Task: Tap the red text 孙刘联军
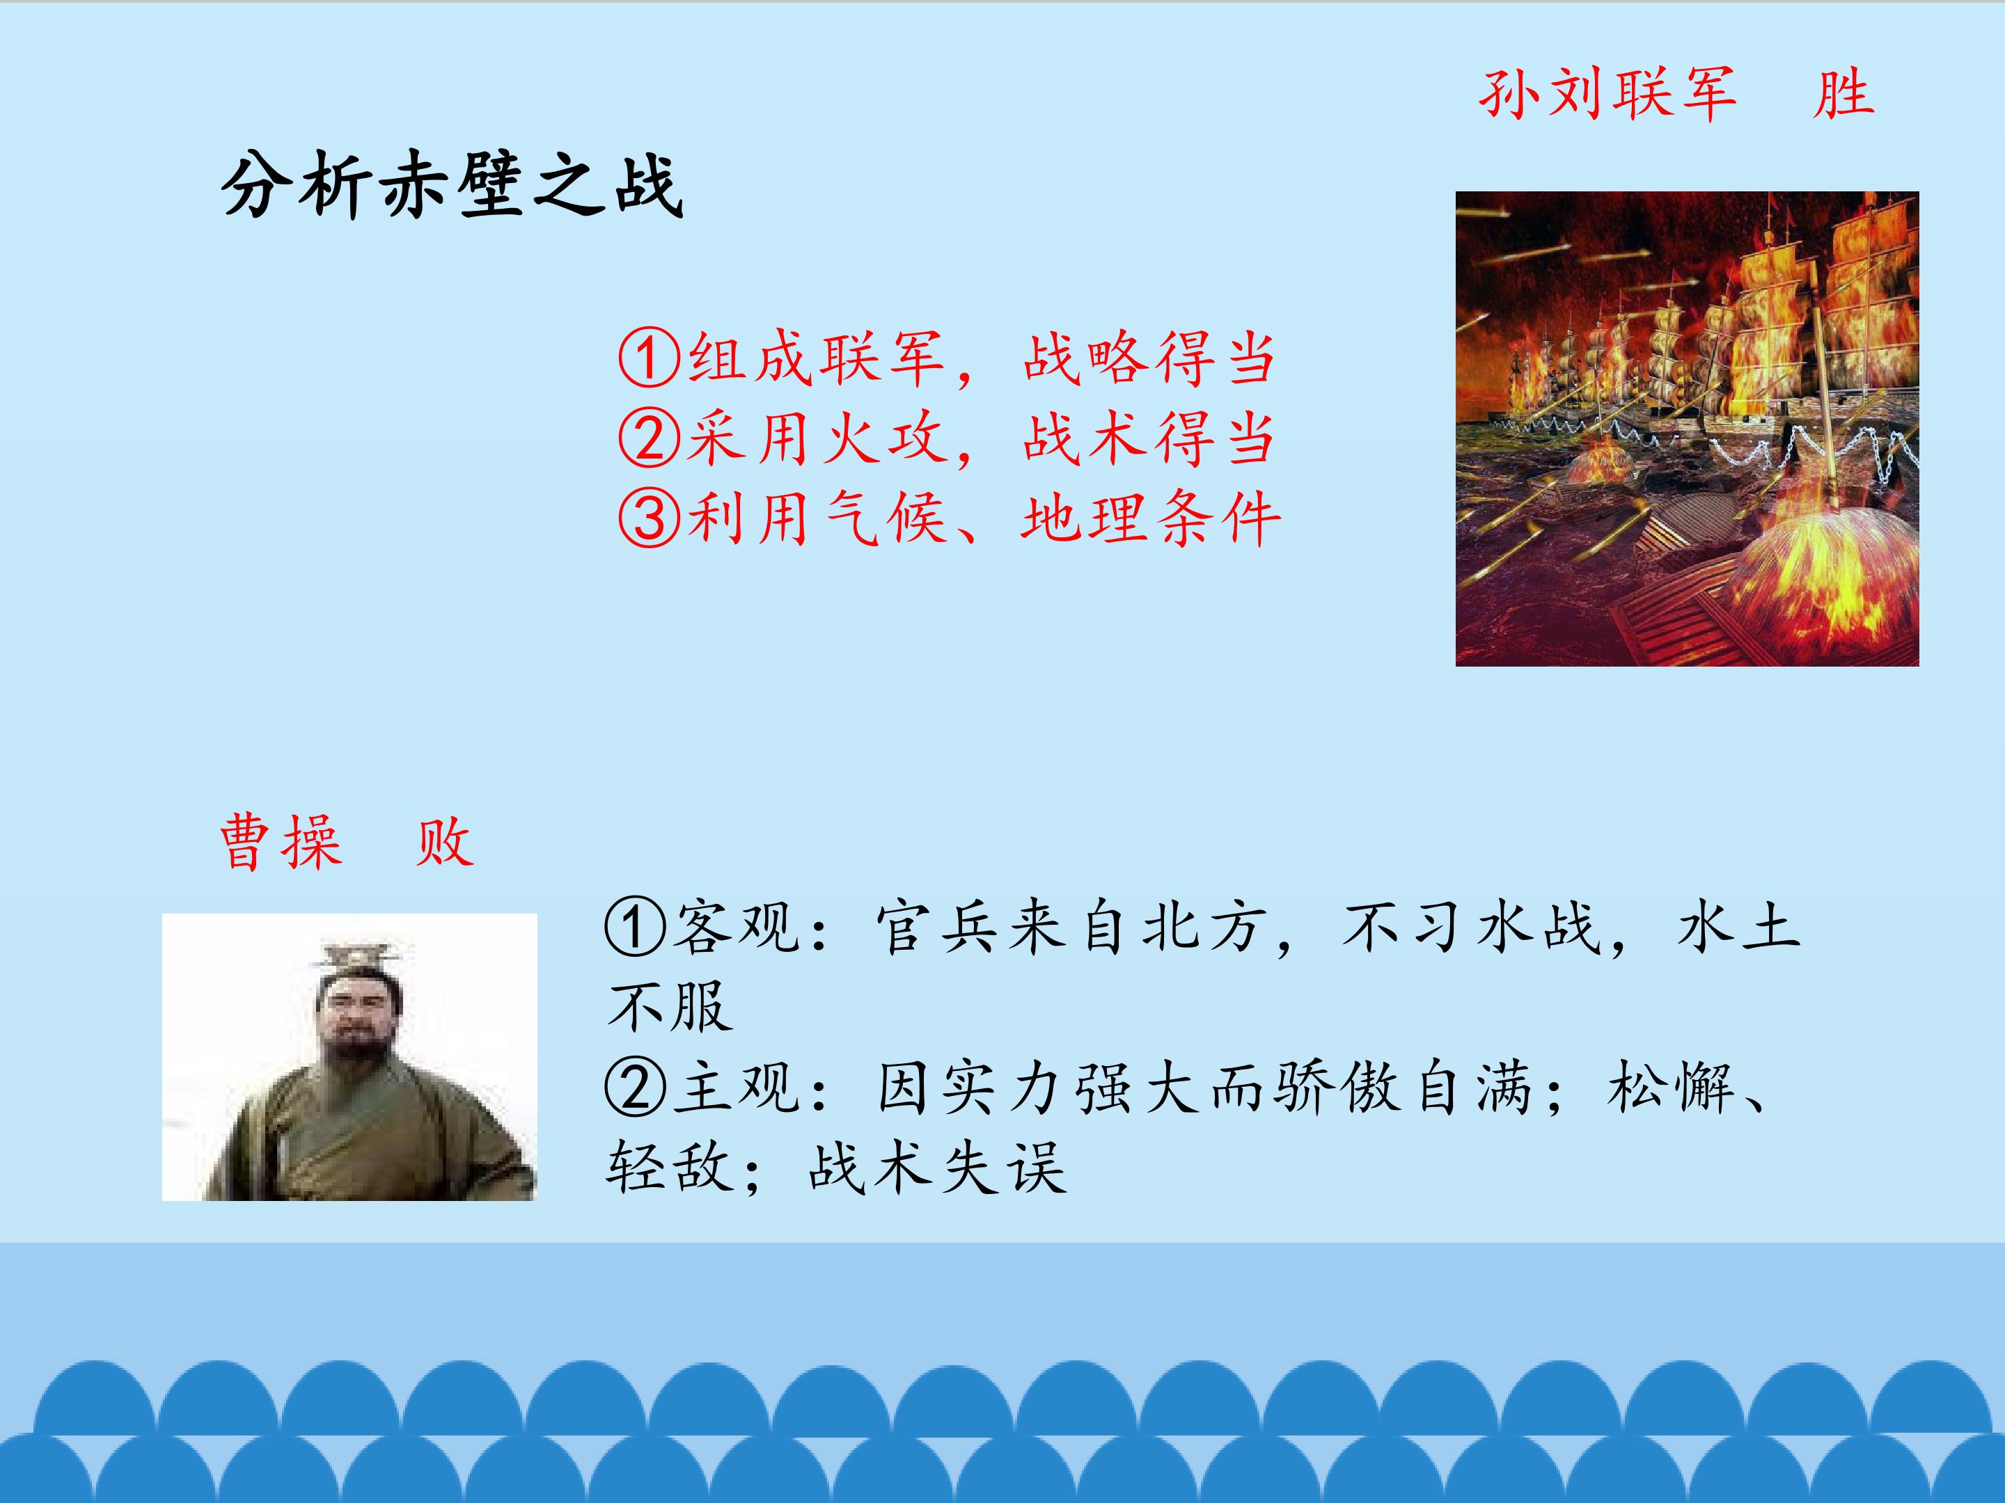tap(1607, 93)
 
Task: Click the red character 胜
tap(1843, 93)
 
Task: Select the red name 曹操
tap(281, 842)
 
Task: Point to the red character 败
tap(444, 842)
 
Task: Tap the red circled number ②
tap(649, 438)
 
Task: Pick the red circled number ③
tap(649, 518)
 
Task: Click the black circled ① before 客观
tap(636, 928)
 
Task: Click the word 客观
tap(736, 928)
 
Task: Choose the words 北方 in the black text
tap(1203, 928)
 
